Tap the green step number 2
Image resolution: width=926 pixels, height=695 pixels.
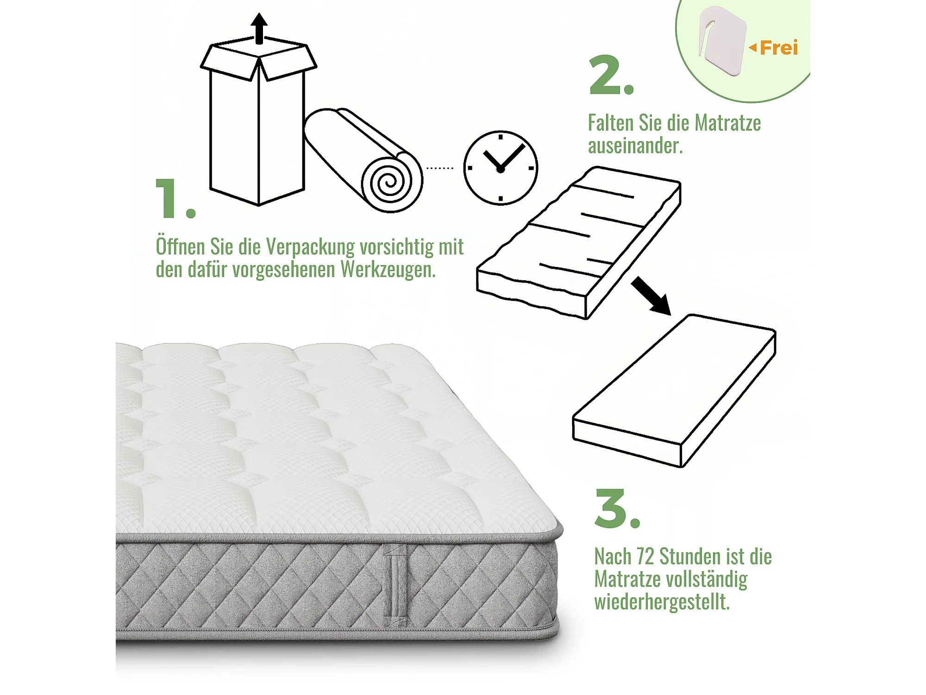(x=611, y=75)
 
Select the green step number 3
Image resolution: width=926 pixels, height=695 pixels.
(x=617, y=508)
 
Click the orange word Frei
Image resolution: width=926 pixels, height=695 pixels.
(x=779, y=48)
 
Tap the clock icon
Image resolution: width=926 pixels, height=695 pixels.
(x=501, y=168)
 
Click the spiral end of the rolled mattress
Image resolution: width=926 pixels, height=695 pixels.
(x=392, y=183)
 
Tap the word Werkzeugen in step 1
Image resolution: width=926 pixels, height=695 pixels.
(x=388, y=269)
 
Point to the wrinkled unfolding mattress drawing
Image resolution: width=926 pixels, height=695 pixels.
(x=579, y=243)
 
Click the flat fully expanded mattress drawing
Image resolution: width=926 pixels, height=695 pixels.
(x=674, y=391)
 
